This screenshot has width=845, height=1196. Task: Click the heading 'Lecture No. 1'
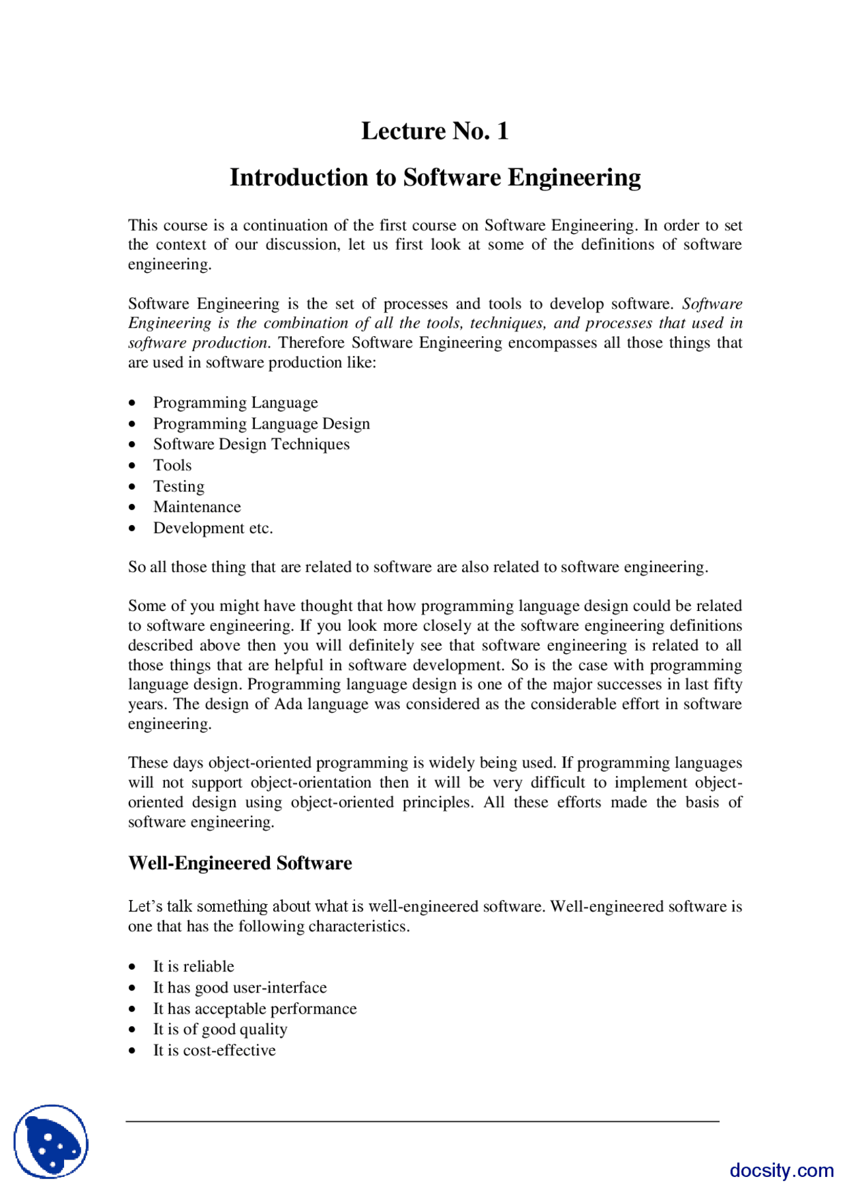pos(434,131)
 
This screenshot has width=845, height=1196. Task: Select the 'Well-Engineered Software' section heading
pos(240,863)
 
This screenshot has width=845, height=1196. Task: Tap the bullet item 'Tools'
pos(172,466)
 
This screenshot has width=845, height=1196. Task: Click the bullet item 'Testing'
pos(178,487)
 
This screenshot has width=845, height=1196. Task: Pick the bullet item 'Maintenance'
pos(197,507)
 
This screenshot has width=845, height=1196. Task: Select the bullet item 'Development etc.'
pos(213,528)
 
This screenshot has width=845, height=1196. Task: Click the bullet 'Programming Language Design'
pos(261,424)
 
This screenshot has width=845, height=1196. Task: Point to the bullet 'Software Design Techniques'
pos(251,444)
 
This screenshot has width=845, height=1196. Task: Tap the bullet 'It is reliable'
pos(193,967)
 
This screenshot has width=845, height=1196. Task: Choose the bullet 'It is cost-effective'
pos(214,1051)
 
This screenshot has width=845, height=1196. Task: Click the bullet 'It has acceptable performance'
pos(255,1009)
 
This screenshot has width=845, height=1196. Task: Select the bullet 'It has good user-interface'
pos(240,988)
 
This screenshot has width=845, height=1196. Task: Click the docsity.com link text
pos(781,1170)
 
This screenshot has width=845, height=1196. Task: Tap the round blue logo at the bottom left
pos(51,1141)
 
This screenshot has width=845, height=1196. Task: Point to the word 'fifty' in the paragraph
pos(727,685)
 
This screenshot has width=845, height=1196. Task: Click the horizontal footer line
pos(422,1121)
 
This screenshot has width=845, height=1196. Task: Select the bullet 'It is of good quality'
pos(220,1030)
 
